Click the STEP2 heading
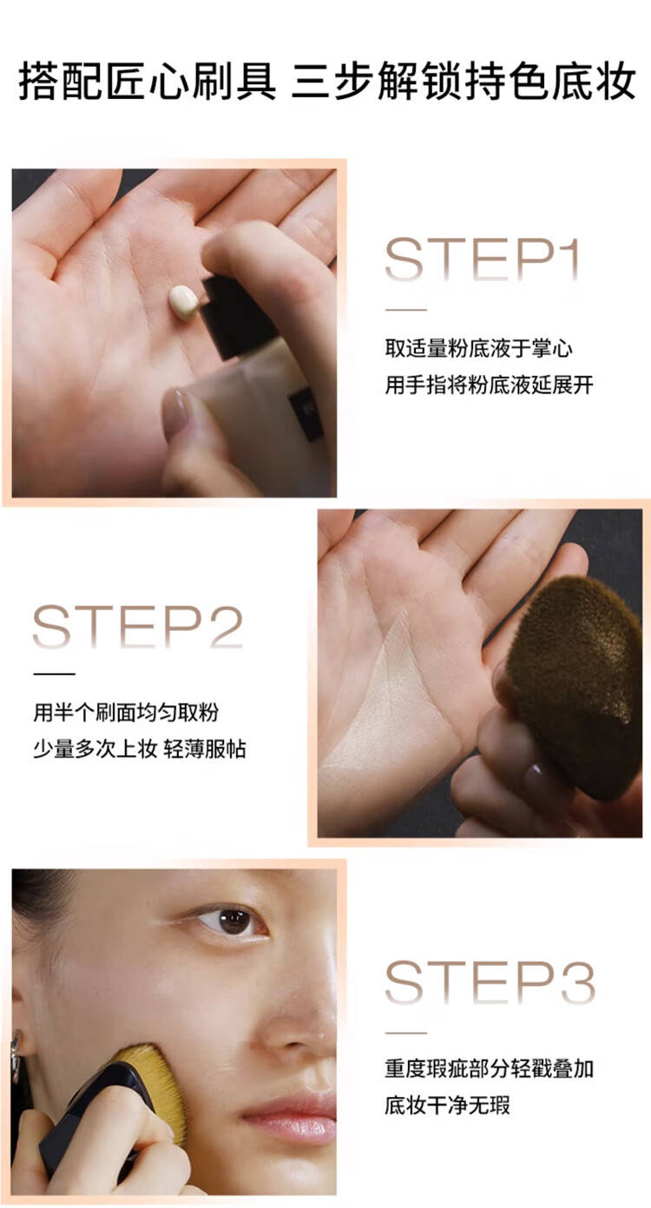[x=137, y=627]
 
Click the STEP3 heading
[x=490, y=982]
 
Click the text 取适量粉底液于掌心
[x=478, y=348]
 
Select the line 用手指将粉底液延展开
[x=490, y=385]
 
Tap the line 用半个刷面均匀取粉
[x=126, y=712]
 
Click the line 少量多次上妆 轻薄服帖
[x=140, y=749]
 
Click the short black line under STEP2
[x=54, y=673]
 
